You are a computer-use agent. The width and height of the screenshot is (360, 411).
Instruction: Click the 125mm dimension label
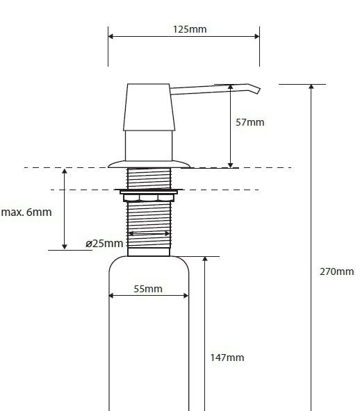pyautogui.click(x=189, y=29)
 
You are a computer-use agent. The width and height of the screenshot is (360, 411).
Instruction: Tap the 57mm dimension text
pyautogui.click(x=250, y=122)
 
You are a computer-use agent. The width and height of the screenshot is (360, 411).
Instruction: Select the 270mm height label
pyautogui.click(x=336, y=271)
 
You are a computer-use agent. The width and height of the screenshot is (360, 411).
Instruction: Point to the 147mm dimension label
pyautogui.click(x=227, y=358)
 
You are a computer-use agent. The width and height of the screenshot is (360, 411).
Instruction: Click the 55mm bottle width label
pyautogui.click(x=148, y=289)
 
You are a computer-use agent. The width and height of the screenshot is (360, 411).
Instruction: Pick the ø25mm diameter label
pyautogui.click(x=104, y=244)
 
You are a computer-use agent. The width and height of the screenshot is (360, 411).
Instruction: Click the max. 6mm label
pyautogui.click(x=26, y=212)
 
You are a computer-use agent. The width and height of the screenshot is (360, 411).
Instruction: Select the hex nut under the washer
pyautogui.click(x=148, y=198)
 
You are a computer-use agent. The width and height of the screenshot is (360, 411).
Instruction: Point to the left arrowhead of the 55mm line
pyautogui.click(x=112, y=296)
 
